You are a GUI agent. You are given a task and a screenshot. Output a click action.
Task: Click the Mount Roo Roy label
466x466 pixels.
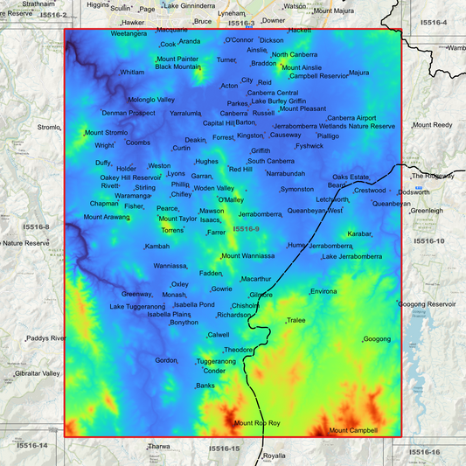[257, 423]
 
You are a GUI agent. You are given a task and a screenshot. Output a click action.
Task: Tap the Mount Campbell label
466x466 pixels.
[353, 430]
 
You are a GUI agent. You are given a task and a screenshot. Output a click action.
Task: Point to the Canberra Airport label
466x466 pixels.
[351, 118]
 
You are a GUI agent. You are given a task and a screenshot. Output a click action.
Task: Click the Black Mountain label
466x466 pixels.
[177, 66]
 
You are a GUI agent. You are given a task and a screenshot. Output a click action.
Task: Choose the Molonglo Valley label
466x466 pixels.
[151, 100]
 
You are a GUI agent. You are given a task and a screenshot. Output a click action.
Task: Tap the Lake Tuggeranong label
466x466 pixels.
[137, 307]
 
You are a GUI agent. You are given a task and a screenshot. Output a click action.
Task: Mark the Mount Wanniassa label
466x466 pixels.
[248, 256]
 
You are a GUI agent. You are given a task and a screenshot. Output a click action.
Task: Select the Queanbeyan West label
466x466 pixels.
[315, 211]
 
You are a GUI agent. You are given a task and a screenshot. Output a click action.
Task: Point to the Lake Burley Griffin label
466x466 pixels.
[278, 101]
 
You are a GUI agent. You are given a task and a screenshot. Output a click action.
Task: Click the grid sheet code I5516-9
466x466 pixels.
[246, 229]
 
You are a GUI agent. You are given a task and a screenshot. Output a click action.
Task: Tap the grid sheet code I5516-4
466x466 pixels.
[433, 22]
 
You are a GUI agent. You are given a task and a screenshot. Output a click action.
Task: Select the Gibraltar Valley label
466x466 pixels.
[37, 373]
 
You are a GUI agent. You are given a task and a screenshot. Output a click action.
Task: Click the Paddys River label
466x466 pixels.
[46, 337]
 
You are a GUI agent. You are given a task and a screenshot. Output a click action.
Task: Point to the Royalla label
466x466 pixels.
[275, 456]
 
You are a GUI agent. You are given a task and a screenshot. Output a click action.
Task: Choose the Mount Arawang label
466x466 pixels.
[106, 217]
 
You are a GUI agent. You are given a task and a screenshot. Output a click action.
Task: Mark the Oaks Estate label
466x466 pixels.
[351, 177]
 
